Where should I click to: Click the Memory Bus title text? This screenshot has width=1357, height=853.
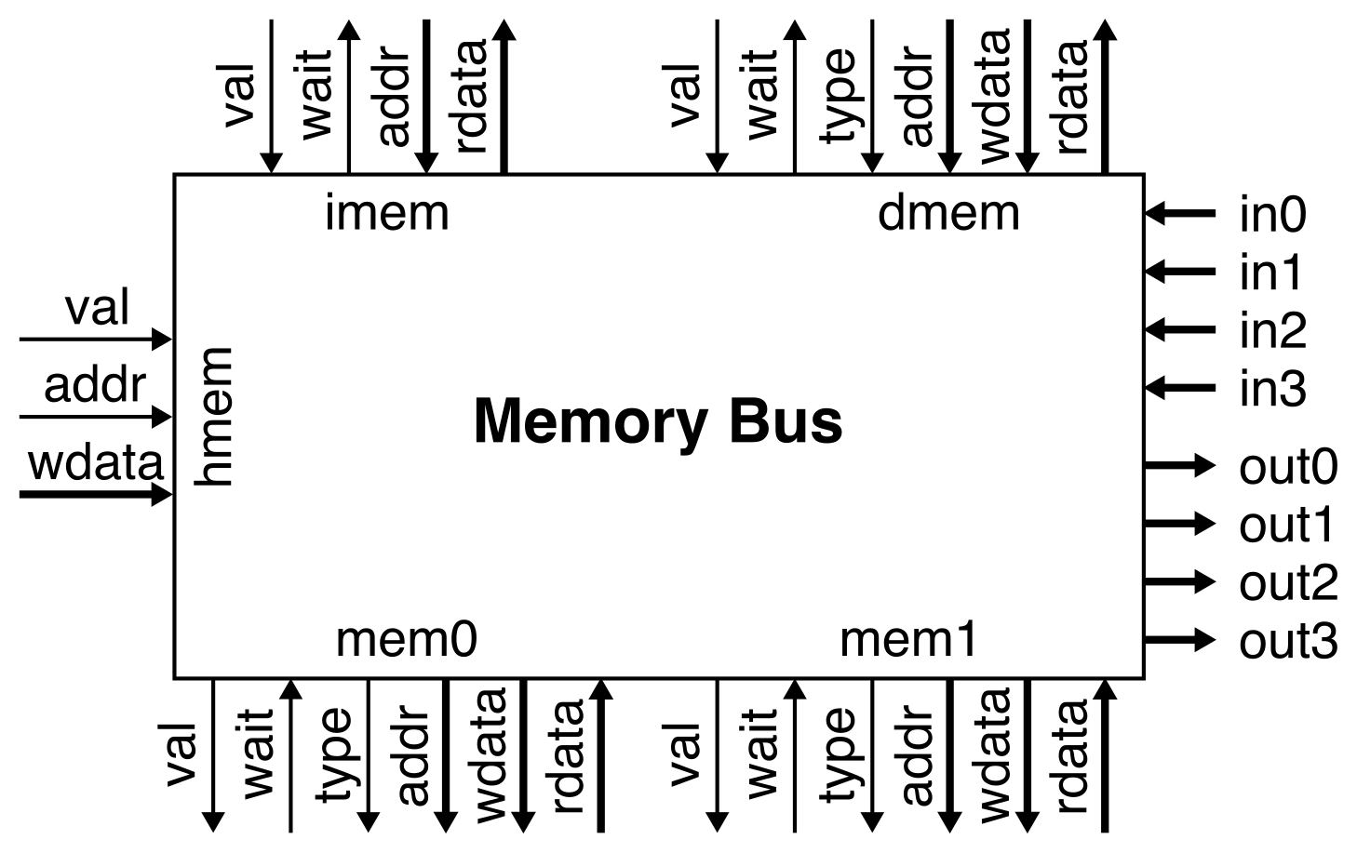click(658, 421)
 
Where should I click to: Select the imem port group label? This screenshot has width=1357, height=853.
click(386, 213)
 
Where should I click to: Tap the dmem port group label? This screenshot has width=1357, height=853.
click(948, 213)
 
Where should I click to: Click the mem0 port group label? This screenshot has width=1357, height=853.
click(406, 640)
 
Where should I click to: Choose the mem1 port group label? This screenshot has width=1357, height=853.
click(908, 640)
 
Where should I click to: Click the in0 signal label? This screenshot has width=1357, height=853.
click(1272, 215)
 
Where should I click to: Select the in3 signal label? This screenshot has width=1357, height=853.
click(1272, 388)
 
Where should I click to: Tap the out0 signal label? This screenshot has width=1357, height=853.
click(1288, 466)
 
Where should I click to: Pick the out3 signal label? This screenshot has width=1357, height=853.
click(1288, 641)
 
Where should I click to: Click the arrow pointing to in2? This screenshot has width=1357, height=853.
click(1179, 329)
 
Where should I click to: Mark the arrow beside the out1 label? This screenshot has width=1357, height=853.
click(1179, 524)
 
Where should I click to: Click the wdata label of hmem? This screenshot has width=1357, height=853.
click(96, 462)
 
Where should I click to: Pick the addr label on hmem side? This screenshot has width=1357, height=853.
click(95, 385)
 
